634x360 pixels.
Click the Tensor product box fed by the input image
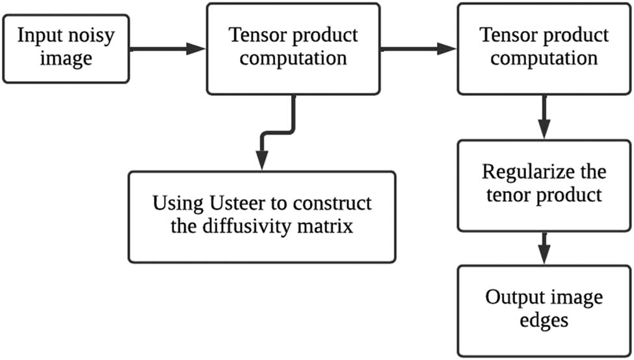pyautogui.click(x=292, y=48)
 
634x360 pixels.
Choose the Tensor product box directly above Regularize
pyautogui.click(x=544, y=48)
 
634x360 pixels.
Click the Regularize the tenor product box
pyautogui.click(x=544, y=185)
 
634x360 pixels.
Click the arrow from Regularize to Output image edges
pyautogui.click(x=544, y=247)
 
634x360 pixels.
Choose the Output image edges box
pyautogui.click(x=544, y=309)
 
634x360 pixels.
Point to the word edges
pyautogui.click(x=544, y=322)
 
